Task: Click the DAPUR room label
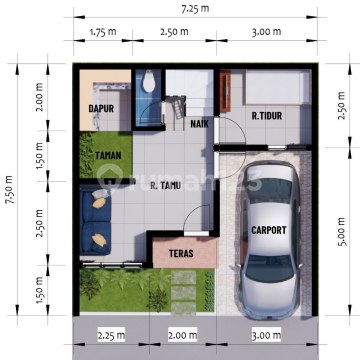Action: click(101, 108)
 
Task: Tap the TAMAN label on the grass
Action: click(108, 156)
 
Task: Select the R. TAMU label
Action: click(166, 186)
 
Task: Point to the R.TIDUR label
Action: click(267, 116)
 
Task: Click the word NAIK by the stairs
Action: click(200, 124)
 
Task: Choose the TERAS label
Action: click(181, 253)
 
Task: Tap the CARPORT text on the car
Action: click(269, 230)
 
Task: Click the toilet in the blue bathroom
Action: click(149, 82)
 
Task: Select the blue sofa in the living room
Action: click(95, 222)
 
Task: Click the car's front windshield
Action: click(270, 268)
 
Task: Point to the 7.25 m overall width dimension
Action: click(195, 9)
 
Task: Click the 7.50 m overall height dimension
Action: click(10, 189)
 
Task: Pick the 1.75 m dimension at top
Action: click(103, 32)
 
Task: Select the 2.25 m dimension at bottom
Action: click(111, 335)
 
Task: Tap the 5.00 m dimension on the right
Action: click(342, 231)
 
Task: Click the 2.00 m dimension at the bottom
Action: click(183, 335)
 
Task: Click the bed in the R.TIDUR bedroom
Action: click(275, 87)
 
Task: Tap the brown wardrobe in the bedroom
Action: click(225, 91)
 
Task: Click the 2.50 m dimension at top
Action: click(174, 32)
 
